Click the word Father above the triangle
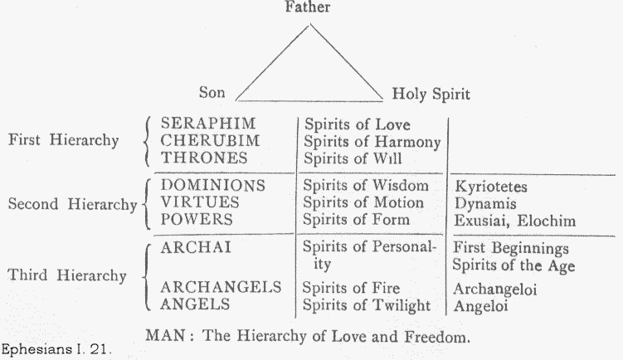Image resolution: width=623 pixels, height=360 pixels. click(x=309, y=8)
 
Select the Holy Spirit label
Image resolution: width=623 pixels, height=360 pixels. click(x=426, y=95)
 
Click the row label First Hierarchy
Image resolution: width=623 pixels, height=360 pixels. click(x=63, y=140)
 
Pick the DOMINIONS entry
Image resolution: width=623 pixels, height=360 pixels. click(x=212, y=186)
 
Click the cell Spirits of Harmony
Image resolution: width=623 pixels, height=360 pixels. click(x=371, y=142)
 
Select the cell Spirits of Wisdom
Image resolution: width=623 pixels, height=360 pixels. click(x=365, y=186)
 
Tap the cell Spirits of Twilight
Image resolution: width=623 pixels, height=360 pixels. click(x=365, y=305)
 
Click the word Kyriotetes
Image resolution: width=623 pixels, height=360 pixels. click(x=490, y=187)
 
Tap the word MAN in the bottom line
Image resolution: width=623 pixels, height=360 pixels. click(x=164, y=337)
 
